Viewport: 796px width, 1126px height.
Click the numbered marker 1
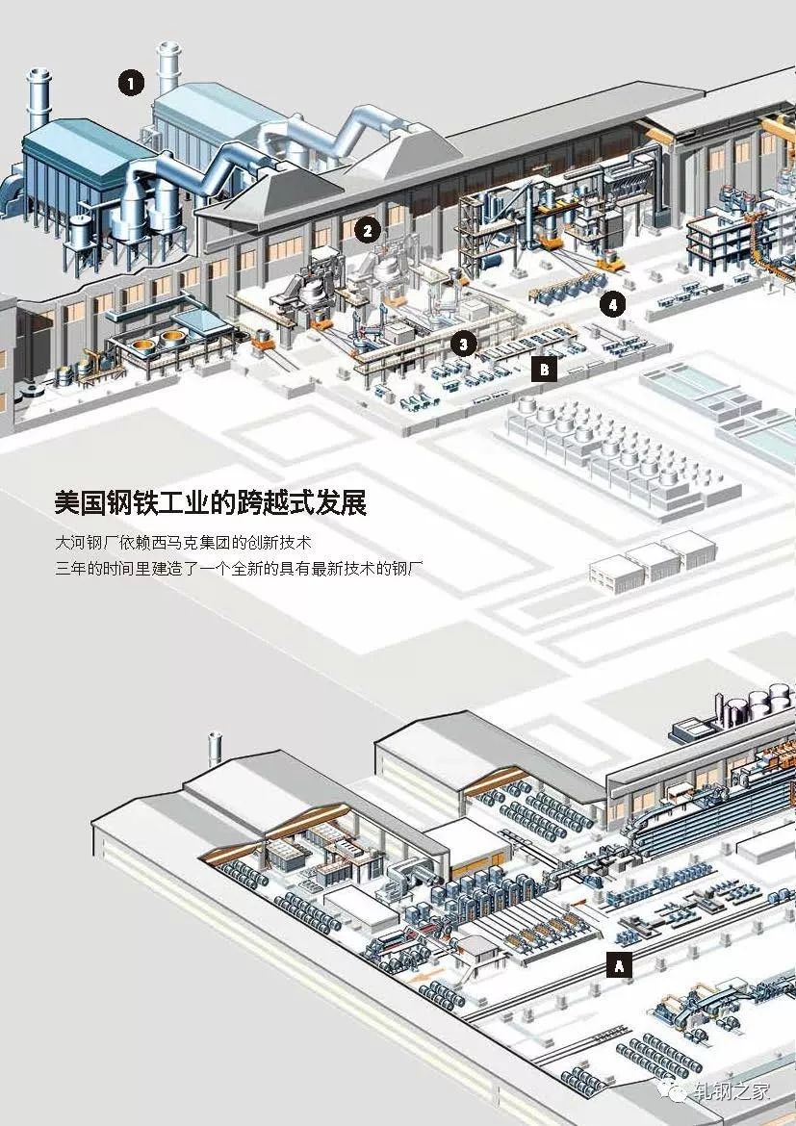click(x=131, y=84)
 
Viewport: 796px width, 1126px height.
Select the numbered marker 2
click(x=366, y=230)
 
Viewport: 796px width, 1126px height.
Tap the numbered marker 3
click(x=463, y=343)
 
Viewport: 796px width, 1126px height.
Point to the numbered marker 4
click(x=611, y=305)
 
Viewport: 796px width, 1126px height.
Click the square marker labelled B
click(x=545, y=369)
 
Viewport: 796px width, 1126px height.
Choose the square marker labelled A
click(x=620, y=963)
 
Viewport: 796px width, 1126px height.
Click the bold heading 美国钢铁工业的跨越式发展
click(x=211, y=503)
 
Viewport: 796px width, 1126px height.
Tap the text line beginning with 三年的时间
click(x=240, y=568)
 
